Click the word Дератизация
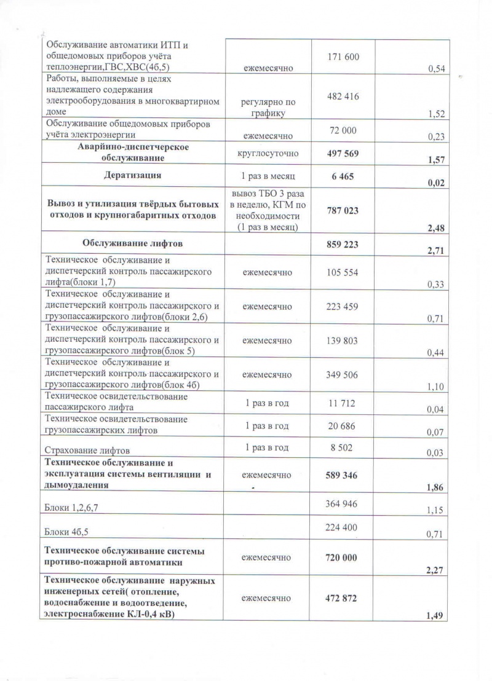(x=133, y=175)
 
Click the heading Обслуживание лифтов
(x=133, y=243)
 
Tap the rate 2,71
(x=435, y=250)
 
